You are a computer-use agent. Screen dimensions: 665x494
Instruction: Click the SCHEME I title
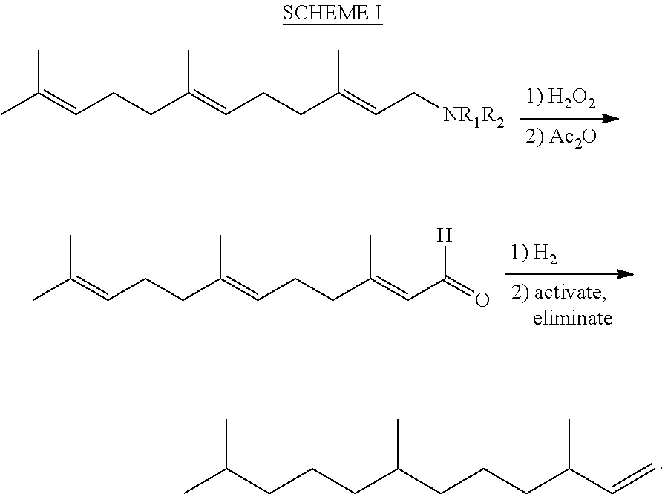coord(332,14)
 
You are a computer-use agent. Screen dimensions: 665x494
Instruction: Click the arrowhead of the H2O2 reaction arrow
coord(611,118)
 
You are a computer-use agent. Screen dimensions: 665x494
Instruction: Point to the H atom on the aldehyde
coord(443,237)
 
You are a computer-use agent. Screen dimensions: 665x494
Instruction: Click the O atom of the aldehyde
coord(482,301)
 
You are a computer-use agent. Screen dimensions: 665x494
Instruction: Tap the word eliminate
coord(572,319)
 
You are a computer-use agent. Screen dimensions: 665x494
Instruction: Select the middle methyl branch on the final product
coord(398,444)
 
